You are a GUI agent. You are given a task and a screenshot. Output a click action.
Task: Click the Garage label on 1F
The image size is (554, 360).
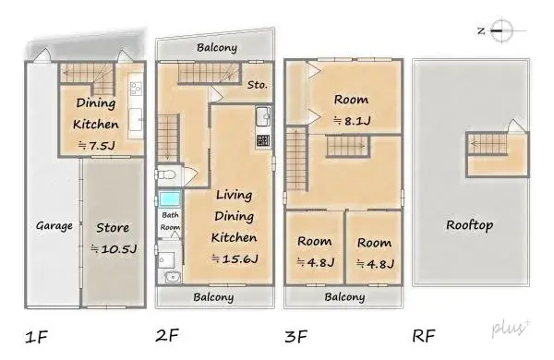click(x=54, y=225)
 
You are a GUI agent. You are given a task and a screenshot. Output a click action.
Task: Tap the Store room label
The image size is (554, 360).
click(x=114, y=226)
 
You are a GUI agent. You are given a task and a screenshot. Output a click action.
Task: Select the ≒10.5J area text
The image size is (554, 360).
click(x=114, y=249)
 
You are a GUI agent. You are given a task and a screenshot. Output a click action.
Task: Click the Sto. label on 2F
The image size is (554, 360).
click(x=258, y=85)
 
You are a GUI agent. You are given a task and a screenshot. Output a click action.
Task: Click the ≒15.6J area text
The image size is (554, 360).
click(x=235, y=259)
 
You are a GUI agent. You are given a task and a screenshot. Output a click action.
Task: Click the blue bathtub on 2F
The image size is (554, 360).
click(x=170, y=199)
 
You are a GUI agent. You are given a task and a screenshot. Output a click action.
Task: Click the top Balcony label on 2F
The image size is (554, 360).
click(x=217, y=47)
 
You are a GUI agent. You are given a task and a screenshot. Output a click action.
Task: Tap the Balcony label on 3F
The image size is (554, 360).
click(x=344, y=297)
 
